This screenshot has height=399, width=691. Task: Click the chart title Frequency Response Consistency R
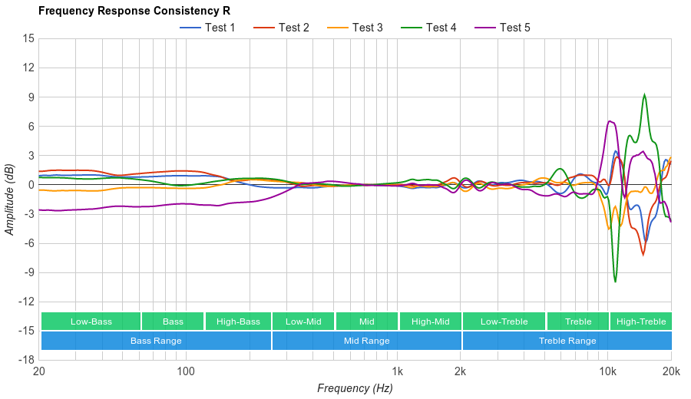coord(134,11)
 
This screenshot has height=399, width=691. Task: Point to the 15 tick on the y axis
coord(28,38)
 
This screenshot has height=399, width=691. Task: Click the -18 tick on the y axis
coord(27,360)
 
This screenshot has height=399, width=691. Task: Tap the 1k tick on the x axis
coord(397,371)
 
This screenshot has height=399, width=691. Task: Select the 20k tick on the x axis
coord(671,371)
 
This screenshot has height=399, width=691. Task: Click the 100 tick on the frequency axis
coord(186,371)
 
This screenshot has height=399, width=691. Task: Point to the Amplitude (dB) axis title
coord(9,199)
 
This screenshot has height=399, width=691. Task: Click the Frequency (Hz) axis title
coord(355,388)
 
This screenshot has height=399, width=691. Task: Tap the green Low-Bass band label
coord(91,322)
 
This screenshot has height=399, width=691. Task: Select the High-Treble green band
coord(641,322)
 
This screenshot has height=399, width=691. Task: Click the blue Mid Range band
coord(366,341)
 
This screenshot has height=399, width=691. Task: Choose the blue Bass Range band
coord(156,341)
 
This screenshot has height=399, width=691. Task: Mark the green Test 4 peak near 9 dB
coord(644,95)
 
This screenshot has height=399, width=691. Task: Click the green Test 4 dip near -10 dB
coord(615,282)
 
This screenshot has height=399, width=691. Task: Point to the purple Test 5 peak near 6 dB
coord(609,121)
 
